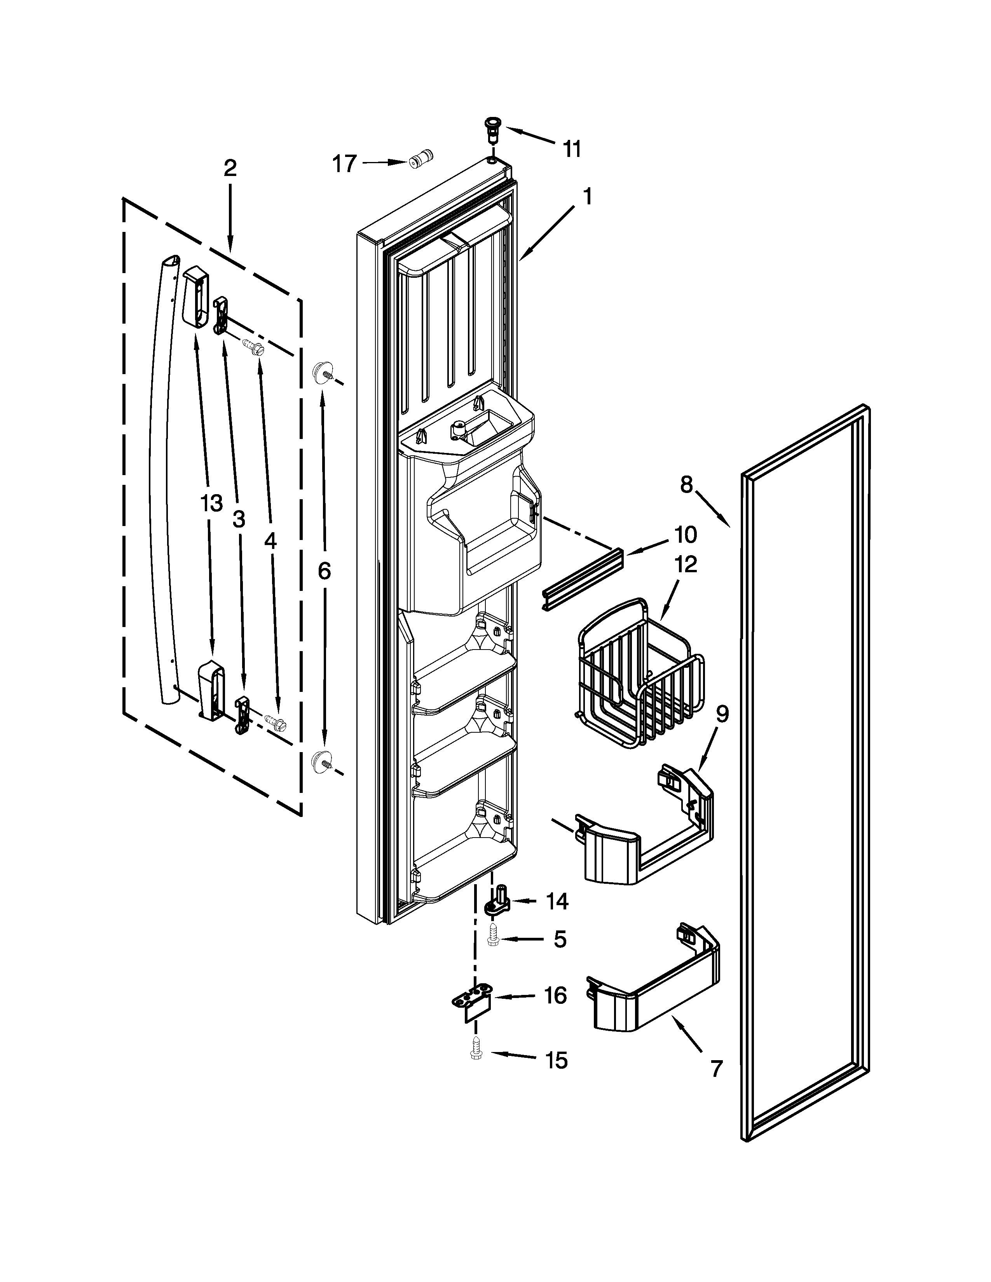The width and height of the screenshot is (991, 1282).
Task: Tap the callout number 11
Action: (x=572, y=149)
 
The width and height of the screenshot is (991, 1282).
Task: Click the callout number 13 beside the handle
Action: (x=211, y=503)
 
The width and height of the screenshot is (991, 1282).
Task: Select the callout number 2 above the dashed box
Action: (x=230, y=169)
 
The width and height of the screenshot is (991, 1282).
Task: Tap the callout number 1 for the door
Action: (x=588, y=196)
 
